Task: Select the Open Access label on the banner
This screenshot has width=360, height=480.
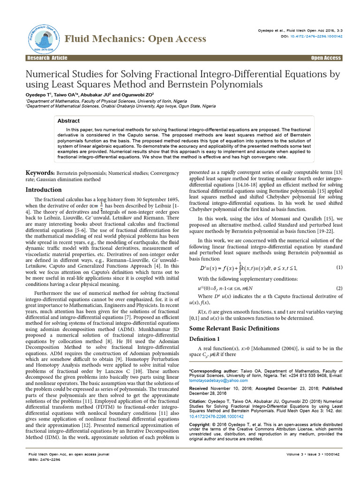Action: click(x=326, y=58)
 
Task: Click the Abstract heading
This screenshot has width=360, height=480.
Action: click(x=68, y=120)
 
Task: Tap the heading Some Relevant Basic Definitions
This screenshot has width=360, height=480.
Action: click(x=227, y=328)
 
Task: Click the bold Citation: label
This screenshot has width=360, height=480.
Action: click(x=199, y=402)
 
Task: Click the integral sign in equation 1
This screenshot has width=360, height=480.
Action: click(x=240, y=268)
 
